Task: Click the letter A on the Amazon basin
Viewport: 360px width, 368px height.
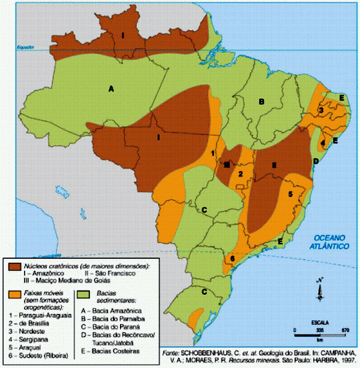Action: tap(110, 89)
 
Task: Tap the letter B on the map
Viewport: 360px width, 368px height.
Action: tap(262, 102)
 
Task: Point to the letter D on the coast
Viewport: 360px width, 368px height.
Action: tap(316, 161)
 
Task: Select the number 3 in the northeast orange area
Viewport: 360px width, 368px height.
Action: tap(322, 110)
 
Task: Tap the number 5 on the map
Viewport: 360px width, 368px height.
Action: tap(290, 194)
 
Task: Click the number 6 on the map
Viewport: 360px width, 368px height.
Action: tap(232, 259)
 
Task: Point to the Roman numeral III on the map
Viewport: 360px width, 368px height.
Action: tap(227, 164)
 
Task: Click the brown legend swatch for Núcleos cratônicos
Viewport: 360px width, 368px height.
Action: tap(15, 265)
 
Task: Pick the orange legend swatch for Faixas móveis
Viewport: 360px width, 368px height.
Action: tap(15, 294)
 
